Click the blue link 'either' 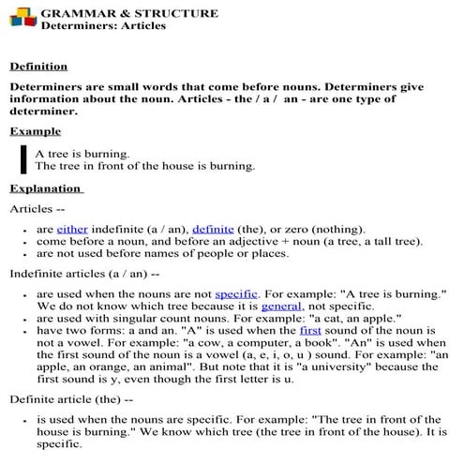71,229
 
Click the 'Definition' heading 38,67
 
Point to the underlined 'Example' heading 36,131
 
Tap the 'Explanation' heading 46,188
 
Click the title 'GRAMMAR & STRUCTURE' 129,13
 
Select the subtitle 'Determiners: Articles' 103,25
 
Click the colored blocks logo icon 21,18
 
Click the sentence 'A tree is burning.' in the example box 82,153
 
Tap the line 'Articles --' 37,208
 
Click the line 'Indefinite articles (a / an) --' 90,274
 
